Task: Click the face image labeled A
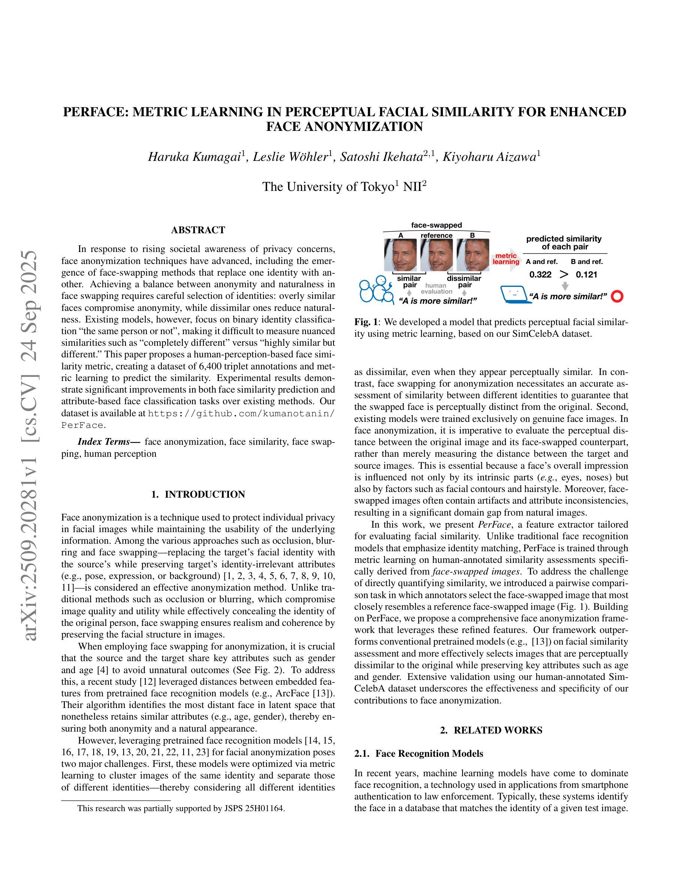click(400, 255)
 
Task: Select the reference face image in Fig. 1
click(437, 255)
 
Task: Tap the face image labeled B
click(473, 255)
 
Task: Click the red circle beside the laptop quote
click(618, 296)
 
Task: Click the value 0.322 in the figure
click(540, 274)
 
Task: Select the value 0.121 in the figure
click(586, 274)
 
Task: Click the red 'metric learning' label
click(506, 259)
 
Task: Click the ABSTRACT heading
click(198, 230)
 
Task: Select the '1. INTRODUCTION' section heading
click(198, 495)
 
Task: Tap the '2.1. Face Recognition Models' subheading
click(419, 753)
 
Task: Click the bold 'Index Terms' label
click(108, 442)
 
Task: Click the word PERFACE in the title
click(95, 112)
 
